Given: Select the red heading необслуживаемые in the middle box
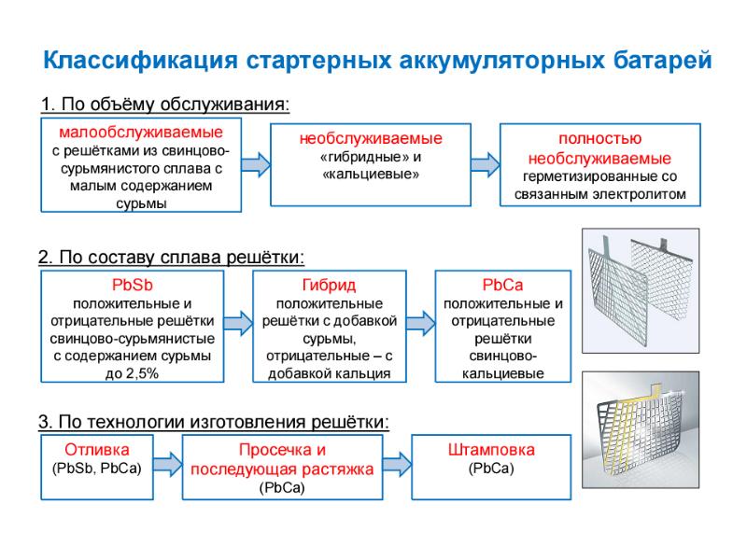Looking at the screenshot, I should [x=371, y=138].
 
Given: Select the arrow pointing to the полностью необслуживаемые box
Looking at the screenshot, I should [x=485, y=164].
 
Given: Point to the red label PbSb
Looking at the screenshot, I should [x=132, y=284].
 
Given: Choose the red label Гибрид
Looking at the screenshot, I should [x=330, y=284].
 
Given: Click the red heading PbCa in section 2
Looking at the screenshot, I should [x=502, y=284].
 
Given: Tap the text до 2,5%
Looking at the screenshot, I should [x=132, y=373].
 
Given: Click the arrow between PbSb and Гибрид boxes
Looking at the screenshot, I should [x=239, y=323].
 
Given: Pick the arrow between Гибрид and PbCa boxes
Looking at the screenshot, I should [x=421, y=323].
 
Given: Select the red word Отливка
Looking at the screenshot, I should [x=97, y=449].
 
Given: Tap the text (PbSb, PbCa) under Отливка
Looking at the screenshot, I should [x=97, y=468].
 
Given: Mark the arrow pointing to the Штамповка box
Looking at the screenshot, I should [x=397, y=462].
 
